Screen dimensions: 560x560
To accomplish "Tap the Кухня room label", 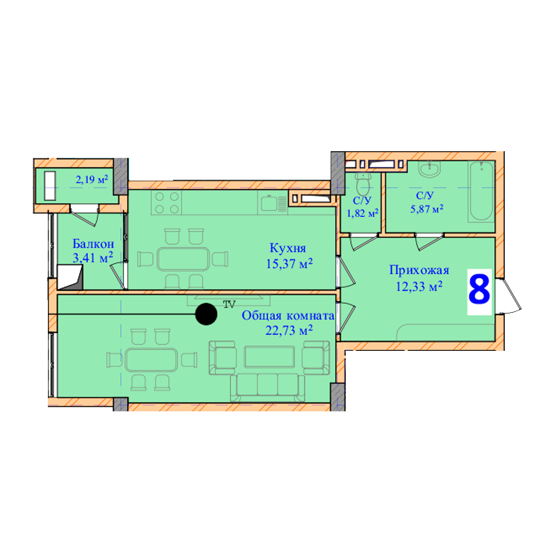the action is (x=288, y=248).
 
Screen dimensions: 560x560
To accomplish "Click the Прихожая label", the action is (x=419, y=270).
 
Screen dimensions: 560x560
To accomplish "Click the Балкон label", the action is (x=93, y=244).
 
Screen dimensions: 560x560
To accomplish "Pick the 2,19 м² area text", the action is (x=92, y=179).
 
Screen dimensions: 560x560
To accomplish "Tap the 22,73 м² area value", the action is (x=289, y=330).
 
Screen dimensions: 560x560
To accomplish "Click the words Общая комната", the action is (x=288, y=316).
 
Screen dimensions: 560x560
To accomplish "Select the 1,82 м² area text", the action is (x=363, y=213).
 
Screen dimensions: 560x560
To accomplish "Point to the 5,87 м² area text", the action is (x=427, y=209).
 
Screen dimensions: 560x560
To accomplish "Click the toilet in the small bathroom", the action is (x=363, y=184).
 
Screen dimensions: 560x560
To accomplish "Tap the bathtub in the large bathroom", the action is (x=481, y=192).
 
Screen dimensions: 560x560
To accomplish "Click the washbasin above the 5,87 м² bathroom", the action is (x=430, y=170).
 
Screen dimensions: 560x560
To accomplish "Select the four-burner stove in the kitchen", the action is (x=166, y=203).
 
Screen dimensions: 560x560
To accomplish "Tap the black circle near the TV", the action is (x=206, y=314).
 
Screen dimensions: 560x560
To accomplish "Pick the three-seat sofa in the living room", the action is (x=267, y=388).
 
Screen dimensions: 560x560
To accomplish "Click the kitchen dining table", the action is (x=183, y=259).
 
